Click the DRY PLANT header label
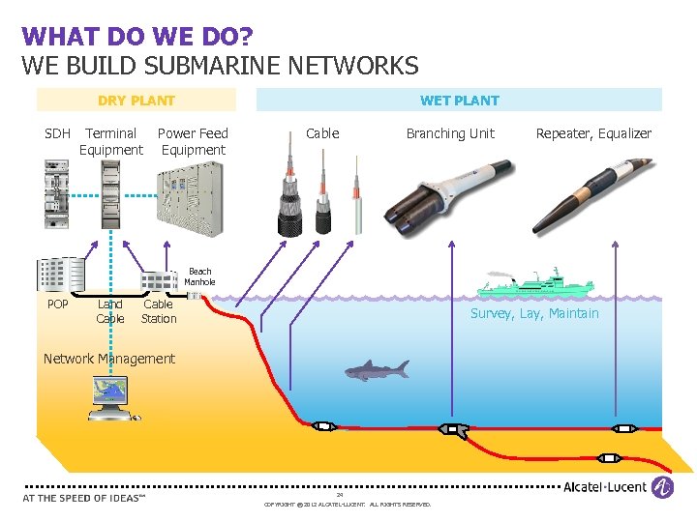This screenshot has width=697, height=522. tap(136, 100)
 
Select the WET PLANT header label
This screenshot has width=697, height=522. tap(459, 100)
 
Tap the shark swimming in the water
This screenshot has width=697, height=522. tap(377, 369)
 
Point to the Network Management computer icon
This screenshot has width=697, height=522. tap(112, 397)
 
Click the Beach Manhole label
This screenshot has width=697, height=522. tap(199, 276)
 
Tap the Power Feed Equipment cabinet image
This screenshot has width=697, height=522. tap(193, 198)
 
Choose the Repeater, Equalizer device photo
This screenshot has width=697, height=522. tap(591, 193)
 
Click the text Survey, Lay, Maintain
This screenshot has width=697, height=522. tap(534, 313)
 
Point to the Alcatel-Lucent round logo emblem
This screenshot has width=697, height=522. tap(662, 487)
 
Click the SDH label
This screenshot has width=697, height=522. tap(58, 133)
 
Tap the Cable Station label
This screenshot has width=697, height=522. tap(159, 311)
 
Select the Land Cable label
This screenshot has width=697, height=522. tap(110, 311)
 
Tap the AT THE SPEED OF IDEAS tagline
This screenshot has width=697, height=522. tap(83, 498)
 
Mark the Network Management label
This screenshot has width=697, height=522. tap(109, 359)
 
